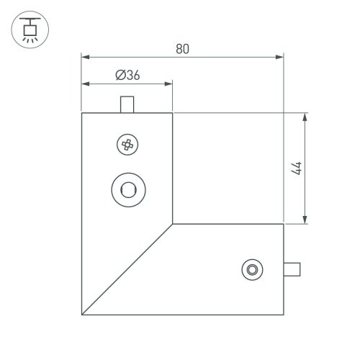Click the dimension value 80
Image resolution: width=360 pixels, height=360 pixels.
pyautogui.click(x=182, y=49)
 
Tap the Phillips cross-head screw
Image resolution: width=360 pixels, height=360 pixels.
pyautogui.click(x=127, y=145)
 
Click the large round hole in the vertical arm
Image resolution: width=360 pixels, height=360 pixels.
pyautogui.click(x=127, y=190)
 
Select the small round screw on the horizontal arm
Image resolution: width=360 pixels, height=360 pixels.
pyautogui.click(x=252, y=269)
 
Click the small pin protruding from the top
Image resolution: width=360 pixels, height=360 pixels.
pyautogui.click(x=127, y=104)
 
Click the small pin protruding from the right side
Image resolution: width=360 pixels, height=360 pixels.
pyautogui.click(x=292, y=269)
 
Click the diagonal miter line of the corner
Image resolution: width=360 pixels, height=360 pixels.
pyautogui.click(x=127, y=269)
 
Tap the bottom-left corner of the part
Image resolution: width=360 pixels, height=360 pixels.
pyautogui.click(x=81, y=315)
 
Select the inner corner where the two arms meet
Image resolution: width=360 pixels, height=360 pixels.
pyautogui.click(x=174, y=224)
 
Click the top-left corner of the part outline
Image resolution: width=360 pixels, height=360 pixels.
pyautogui.click(x=81, y=113)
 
